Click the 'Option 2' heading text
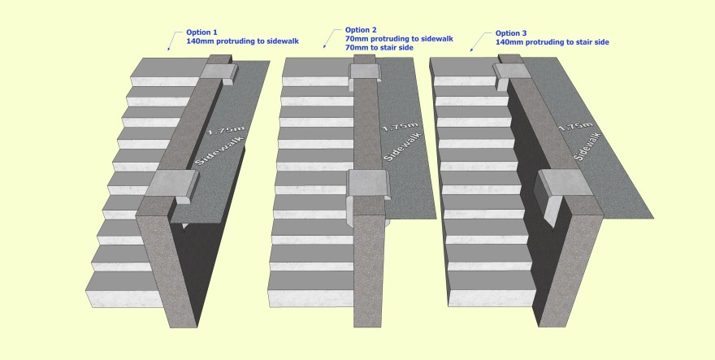coord(362,28)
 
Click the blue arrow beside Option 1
coord(171,39)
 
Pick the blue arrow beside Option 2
coord(329,37)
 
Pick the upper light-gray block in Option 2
coord(363,71)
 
